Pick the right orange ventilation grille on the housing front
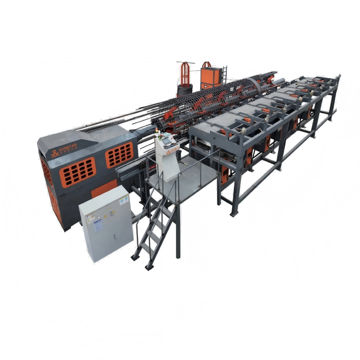[x=119, y=155]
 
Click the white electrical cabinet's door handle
[x=114, y=237]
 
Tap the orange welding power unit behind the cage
[x=211, y=76]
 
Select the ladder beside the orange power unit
[x=224, y=74]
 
